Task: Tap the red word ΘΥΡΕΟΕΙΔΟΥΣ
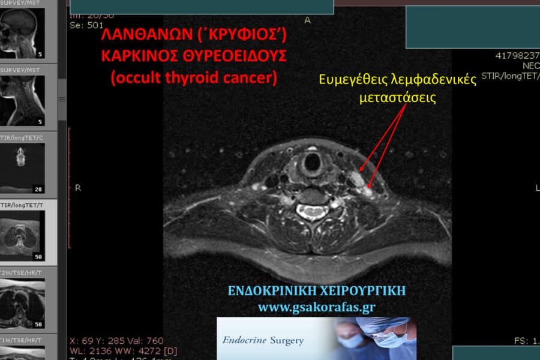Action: [235, 57]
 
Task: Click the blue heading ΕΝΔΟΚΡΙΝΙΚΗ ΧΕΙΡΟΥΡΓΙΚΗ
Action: [316, 291]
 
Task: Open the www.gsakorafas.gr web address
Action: [316, 307]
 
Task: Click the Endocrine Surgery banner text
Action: [263, 341]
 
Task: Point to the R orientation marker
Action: [77, 188]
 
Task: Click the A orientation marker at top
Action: [308, 20]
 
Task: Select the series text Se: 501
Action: [86, 25]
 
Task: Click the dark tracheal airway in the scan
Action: [312, 161]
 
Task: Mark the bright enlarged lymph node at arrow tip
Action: [355, 177]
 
